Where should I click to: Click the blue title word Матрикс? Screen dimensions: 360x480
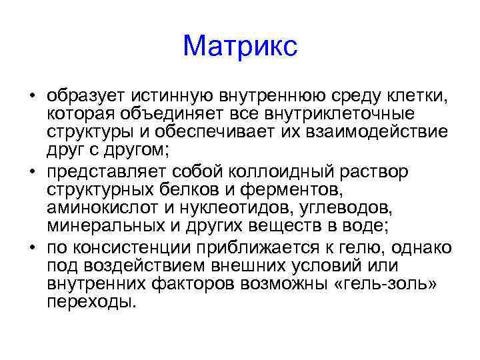240,46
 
